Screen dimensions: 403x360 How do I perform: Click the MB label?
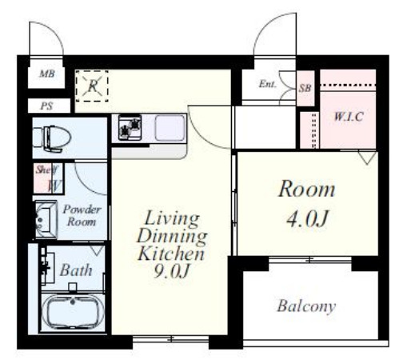(47, 74)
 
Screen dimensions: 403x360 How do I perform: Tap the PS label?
(46, 106)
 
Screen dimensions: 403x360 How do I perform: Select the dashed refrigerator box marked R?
(92, 86)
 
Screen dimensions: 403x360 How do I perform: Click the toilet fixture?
(52, 139)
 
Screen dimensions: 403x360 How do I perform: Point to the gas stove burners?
(130, 127)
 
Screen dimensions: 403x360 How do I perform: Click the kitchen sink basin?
(170, 128)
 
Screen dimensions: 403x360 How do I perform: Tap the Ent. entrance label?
(268, 84)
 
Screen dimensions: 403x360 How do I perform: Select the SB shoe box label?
(305, 88)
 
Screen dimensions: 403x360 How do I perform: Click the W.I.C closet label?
(349, 117)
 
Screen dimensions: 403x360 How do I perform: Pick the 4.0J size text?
(306, 218)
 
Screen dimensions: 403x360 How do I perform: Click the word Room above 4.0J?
(306, 189)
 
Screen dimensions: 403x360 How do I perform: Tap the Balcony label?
(306, 306)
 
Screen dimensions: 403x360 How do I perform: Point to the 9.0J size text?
(172, 270)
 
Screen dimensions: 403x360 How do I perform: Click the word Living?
(172, 218)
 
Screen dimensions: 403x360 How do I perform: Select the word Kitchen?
(171, 254)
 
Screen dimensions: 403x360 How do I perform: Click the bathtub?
(73, 311)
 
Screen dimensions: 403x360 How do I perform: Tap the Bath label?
(76, 270)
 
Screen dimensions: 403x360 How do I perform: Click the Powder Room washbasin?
(46, 219)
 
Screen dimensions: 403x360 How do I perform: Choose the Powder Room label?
(82, 215)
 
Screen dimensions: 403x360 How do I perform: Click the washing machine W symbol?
(55, 186)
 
